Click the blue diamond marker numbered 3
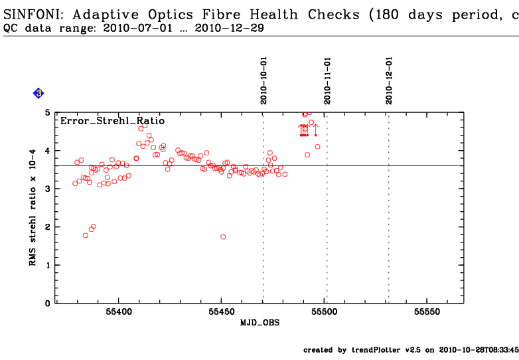(x=38, y=94)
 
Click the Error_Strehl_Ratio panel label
(x=112, y=121)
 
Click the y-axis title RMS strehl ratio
(x=32, y=207)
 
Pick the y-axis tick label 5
(x=47, y=113)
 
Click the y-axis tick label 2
(x=47, y=227)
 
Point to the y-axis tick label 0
(x=47, y=304)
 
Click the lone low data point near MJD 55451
(x=223, y=236)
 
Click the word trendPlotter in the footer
(x=378, y=349)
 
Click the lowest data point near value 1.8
(x=86, y=235)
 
